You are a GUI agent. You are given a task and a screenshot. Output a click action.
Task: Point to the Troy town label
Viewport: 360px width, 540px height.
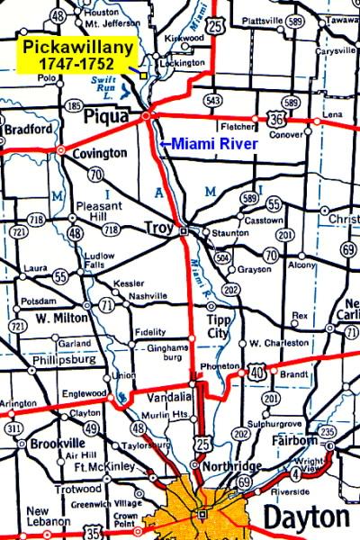click(158, 231)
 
